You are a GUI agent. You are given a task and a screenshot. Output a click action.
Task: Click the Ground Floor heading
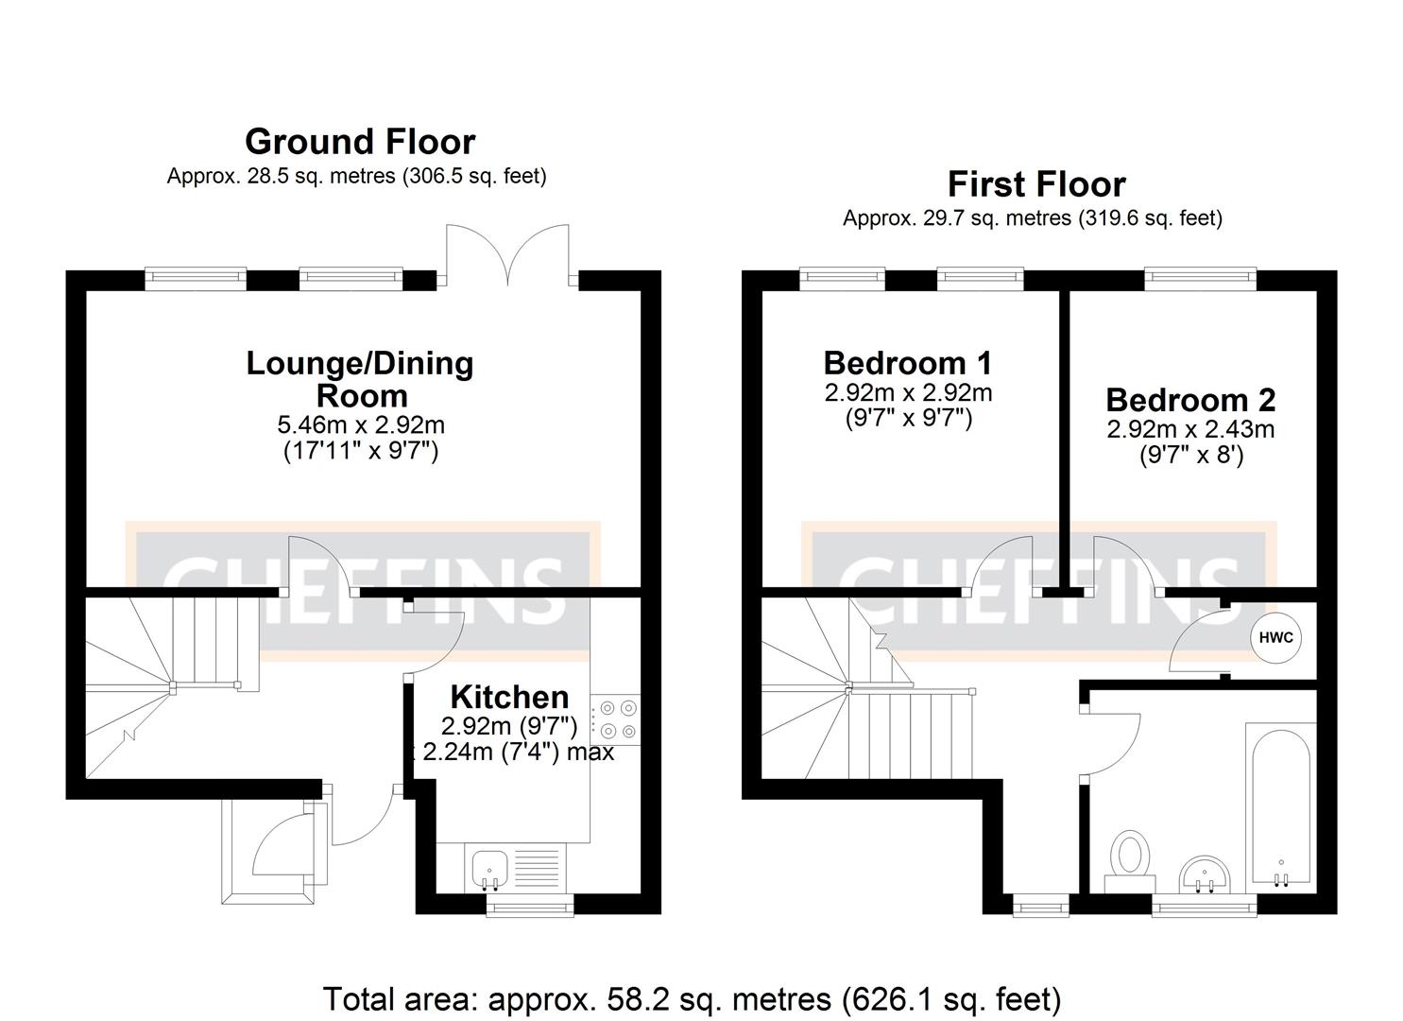click(x=360, y=142)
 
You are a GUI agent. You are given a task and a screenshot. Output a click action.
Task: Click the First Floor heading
click(x=1036, y=183)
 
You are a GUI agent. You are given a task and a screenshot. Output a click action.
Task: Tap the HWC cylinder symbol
click(x=1275, y=637)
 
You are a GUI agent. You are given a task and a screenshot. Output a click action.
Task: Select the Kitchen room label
click(x=509, y=697)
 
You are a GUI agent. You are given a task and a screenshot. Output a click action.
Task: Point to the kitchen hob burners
click(x=616, y=718)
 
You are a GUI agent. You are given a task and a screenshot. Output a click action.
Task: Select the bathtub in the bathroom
click(x=1280, y=804)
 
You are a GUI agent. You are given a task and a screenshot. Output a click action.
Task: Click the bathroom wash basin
click(x=1205, y=872)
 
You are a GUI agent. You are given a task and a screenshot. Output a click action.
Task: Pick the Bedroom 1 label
click(x=908, y=363)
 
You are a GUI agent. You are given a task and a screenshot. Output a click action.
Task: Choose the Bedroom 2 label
click(x=1190, y=400)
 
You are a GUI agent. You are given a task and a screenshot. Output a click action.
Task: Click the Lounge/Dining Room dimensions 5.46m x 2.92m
click(x=361, y=425)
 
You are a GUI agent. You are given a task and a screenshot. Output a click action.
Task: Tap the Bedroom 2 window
click(x=1200, y=278)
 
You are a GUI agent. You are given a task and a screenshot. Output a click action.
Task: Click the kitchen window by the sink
click(x=530, y=908)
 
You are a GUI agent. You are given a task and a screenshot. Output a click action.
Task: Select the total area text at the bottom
click(x=692, y=998)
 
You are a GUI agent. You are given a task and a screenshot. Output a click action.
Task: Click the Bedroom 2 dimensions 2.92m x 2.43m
click(x=1190, y=429)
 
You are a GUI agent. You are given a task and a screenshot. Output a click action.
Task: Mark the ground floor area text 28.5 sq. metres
click(x=356, y=176)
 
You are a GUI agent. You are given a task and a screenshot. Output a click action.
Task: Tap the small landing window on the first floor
click(x=1039, y=908)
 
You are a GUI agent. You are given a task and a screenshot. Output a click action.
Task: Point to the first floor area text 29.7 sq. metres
click(x=1033, y=218)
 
